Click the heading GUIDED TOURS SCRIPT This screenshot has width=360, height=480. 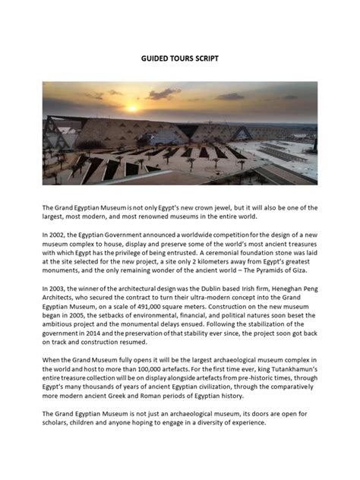pos(180,58)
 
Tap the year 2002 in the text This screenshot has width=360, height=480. pos(62,235)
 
